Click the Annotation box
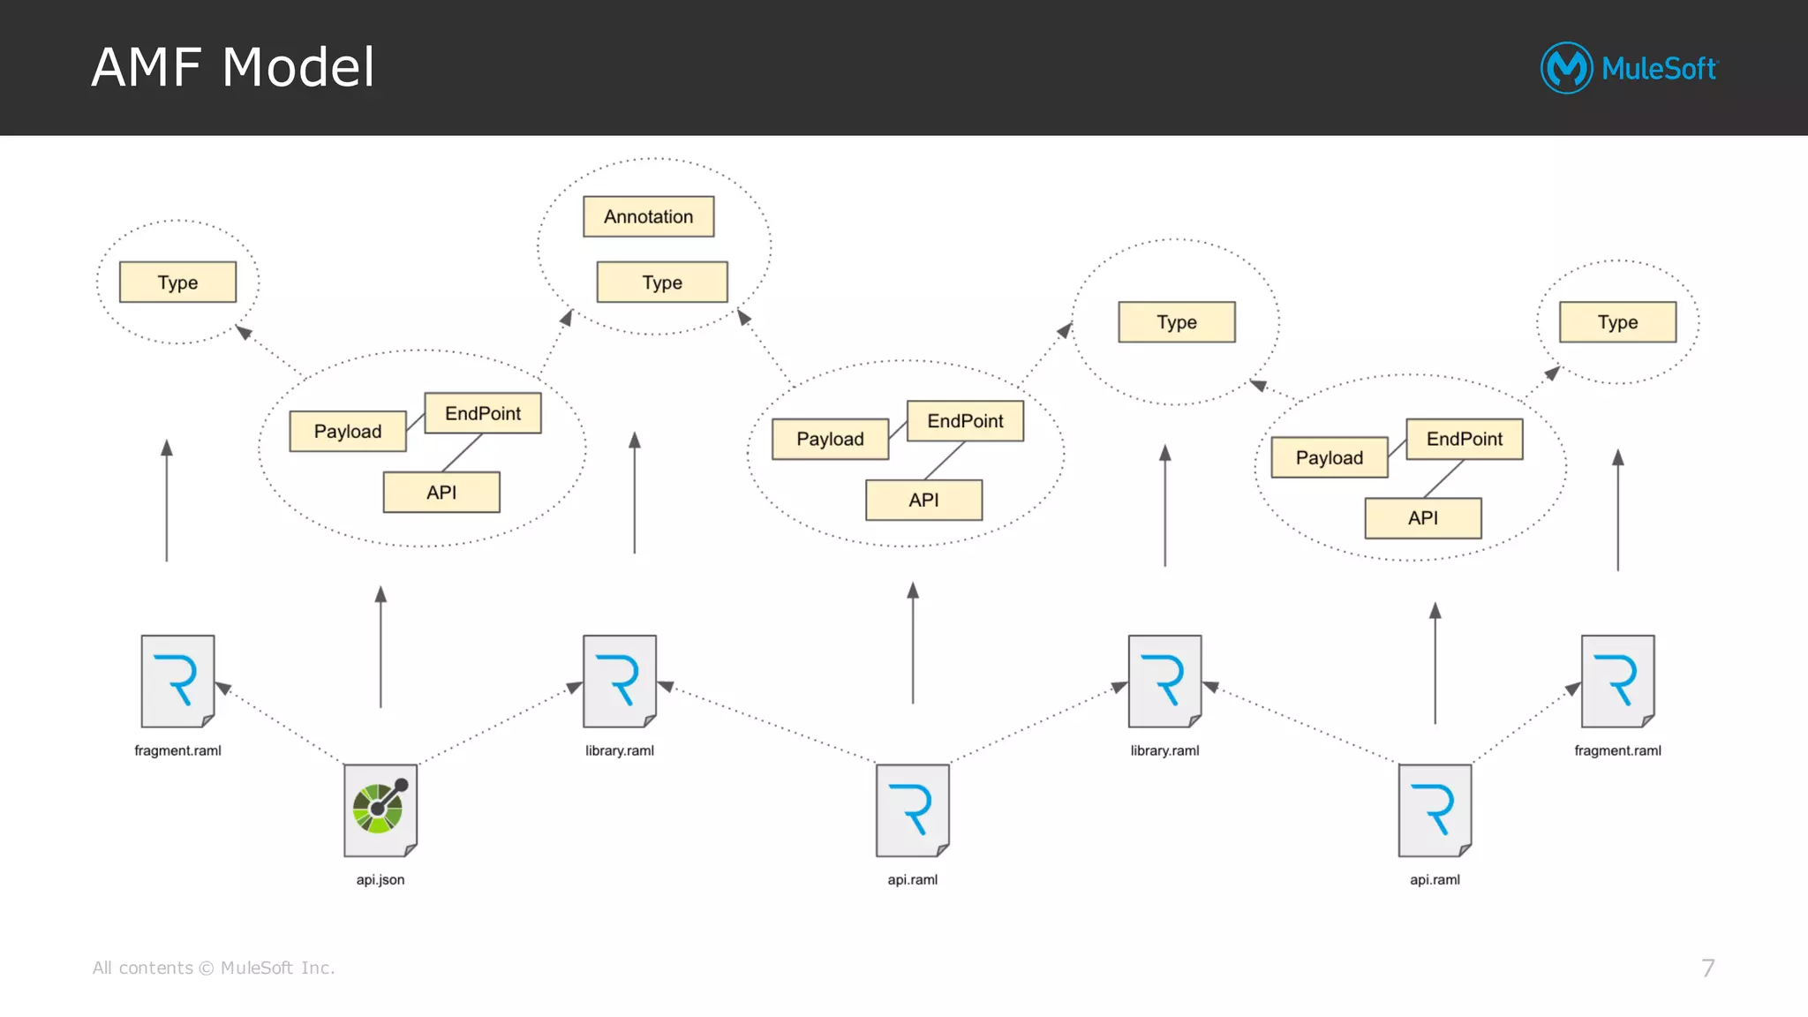pos(648,216)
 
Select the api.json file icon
pos(380,810)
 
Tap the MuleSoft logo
pos(1629,68)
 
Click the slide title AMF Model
pos(233,67)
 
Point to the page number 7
pos(1707,968)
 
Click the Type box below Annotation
pos(661,282)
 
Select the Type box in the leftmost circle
pos(177,282)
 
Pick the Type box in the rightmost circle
pos(1617,322)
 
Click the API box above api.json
pos(441,492)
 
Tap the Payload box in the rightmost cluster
pos(1329,457)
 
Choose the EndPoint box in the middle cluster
pos(965,421)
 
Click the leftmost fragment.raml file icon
pos(177,681)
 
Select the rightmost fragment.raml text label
pos(1617,750)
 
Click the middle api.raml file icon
pos(912,810)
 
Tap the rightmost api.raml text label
pos(1435,879)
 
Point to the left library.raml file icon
pos(619,681)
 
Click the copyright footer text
pos(214,968)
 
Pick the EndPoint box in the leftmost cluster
pos(482,413)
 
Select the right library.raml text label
pos(1164,750)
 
